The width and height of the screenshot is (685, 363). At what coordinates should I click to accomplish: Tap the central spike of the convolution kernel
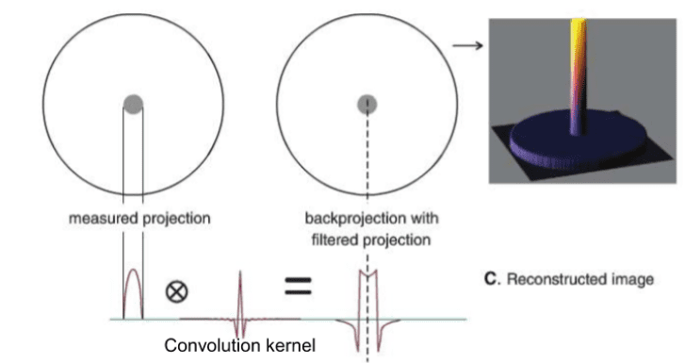click(x=240, y=288)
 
